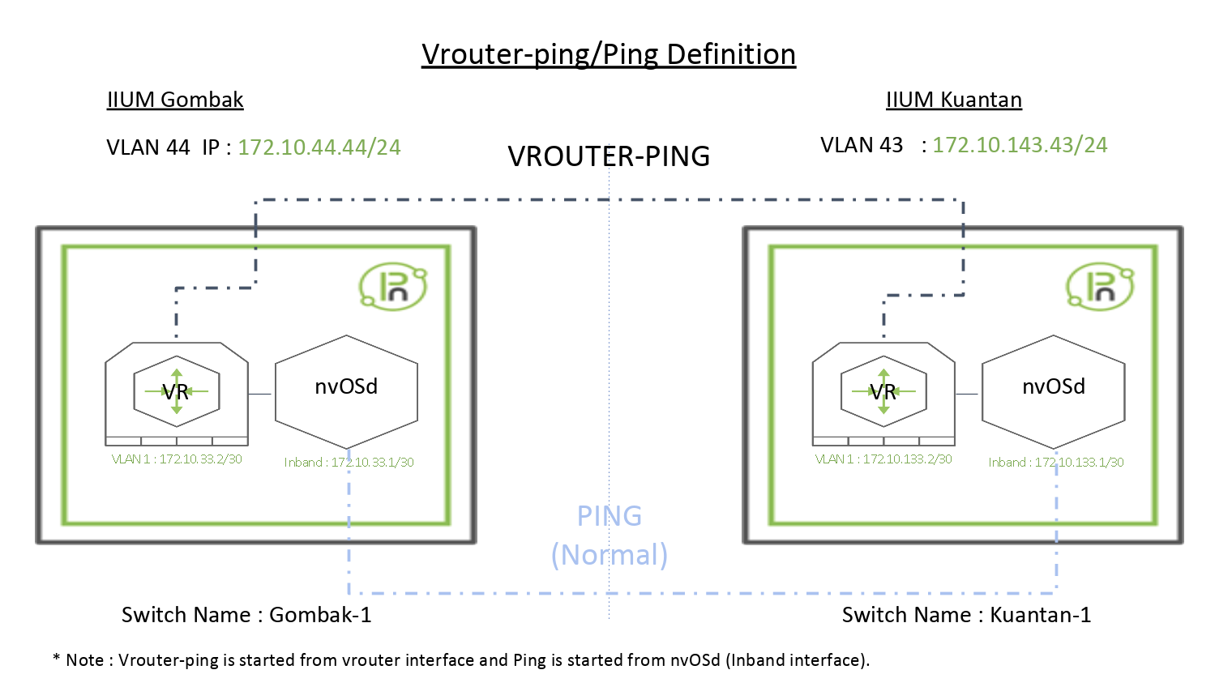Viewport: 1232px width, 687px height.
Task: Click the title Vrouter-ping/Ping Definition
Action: pyautogui.click(x=609, y=54)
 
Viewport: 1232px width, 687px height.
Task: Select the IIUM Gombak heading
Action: pyautogui.click(x=175, y=100)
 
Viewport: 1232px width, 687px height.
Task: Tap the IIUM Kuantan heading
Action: pyautogui.click(x=953, y=100)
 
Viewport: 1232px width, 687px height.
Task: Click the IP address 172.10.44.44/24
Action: pyautogui.click(x=319, y=147)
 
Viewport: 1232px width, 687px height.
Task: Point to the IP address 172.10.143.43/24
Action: pyautogui.click(x=1020, y=145)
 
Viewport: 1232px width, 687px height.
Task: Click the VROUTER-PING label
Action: pyautogui.click(x=609, y=156)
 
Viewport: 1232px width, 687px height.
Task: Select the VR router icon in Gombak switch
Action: pyautogui.click(x=177, y=392)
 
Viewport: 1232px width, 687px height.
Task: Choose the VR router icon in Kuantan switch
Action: pyautogui.click(x=883, y=392)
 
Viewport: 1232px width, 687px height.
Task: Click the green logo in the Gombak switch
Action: pyautogui.click(x=393, y=286)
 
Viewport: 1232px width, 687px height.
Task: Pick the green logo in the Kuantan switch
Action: pyautogui.click(x=1100, y=286)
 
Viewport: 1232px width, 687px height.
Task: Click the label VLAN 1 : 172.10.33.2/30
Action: pyautogui.click(x=177, y=459)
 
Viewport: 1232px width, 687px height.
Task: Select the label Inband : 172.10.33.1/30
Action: pyautogui.click(x=349, y=463)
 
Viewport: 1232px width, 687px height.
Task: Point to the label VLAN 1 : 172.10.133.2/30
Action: pyautogui.click(x=883, y=459)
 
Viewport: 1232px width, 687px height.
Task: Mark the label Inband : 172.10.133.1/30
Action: pyautogui.click(x=1055, y=463)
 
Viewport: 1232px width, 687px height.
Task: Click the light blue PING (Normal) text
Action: pyautogui.click(x=610, y=536)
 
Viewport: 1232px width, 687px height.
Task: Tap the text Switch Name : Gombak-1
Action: pyautogui.click(x=246, y=615)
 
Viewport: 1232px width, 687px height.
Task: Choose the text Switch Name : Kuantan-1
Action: pyautogui.click(x=966, y=615)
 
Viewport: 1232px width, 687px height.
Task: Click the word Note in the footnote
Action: pyautogui.click(x=84, y=660)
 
